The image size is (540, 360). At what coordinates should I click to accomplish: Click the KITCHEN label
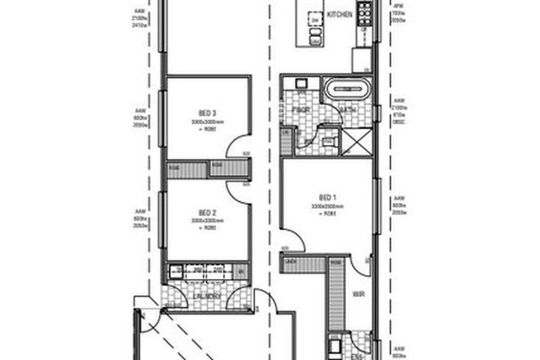339,16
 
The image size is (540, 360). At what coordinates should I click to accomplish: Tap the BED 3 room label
207,113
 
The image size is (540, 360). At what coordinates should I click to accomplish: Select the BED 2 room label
206,211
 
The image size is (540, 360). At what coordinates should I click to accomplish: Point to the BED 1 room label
329,196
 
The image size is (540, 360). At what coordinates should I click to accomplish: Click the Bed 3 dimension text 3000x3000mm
207,122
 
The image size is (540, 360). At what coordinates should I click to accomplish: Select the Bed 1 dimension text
329,205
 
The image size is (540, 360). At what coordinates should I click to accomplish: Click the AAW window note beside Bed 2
138,217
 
